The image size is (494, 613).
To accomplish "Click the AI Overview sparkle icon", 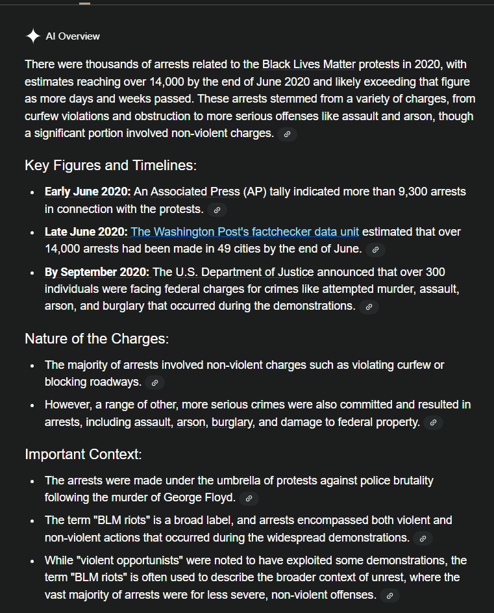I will coord(33,36).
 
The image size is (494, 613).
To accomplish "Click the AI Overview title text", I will coord(73,36).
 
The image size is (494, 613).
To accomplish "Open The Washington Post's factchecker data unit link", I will coord(245,232).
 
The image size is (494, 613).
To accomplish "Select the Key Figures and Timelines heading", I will coord(110,166).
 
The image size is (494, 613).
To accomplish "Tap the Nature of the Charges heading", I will coord(97,338).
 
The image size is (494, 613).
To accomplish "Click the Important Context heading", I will coord(83,454).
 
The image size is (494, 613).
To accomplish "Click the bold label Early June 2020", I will coord(88,192).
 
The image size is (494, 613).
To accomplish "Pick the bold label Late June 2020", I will coord(86,232).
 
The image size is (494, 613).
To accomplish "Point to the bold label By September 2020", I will coord(97,272).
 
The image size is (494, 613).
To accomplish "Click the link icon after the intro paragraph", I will coord(287,134).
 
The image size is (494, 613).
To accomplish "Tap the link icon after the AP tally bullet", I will coord(217,210).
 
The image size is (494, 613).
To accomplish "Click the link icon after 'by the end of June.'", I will coord(375,249).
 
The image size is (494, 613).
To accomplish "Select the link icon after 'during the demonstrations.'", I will coord(369,306).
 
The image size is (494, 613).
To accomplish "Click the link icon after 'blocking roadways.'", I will coord(154,382).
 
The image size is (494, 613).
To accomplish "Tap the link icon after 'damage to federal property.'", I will coord(433,423).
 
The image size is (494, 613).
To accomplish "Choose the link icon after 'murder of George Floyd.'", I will coord(249,499).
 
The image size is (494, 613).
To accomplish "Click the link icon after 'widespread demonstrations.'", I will coord(423,538).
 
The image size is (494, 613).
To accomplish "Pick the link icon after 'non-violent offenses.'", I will coord(389,595).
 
